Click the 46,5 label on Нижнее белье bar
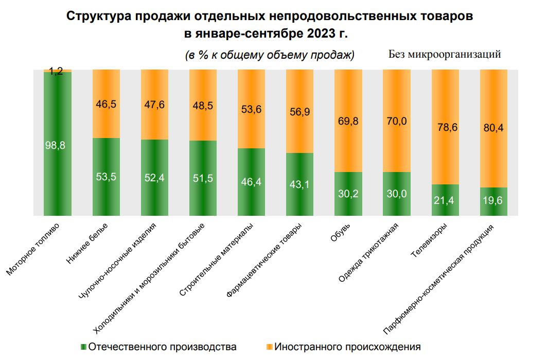tap(106, 104)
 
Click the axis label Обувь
tap(341, 234)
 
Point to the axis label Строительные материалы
tap(217, 260)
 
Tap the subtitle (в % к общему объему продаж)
tap(270, 55)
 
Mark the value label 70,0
tap(396, 121)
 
